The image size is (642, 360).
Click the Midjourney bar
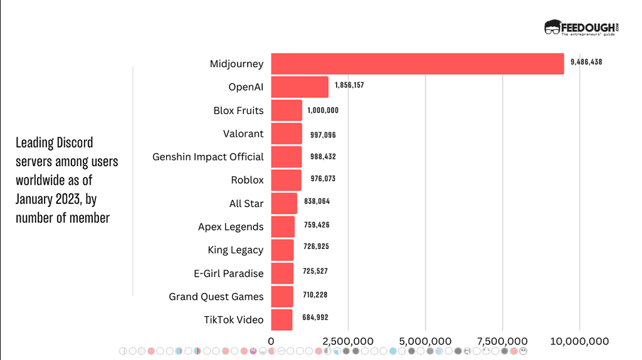pyautogui.click(x=417, y=64)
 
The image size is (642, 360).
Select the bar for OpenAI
pyautogui.click(x=300, y=87)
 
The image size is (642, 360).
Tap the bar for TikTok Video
pyautogui.click(x=282, y=320)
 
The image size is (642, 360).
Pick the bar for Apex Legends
pyautogui.click(x=283, y=226)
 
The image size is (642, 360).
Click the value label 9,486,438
pyautogui.click(x=586, y=62)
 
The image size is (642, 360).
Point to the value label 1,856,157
pyautogui.click(x=349, y=85)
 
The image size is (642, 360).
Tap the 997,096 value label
pyautogui.click(x=323, y=135)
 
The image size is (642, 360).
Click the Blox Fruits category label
pyautogui.click(x=238, y=110)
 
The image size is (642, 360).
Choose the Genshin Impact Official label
pyautogui.click(x=208, y=157)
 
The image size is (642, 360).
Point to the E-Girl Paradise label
pyautogui.click(x=229, y=273)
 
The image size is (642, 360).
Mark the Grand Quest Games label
pyautogui.click(x=216, y=297)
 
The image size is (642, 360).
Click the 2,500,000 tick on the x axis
pyautogui.click(x=348, y=341)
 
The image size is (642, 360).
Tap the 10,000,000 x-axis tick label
pyautogui.click(x=580, y=341)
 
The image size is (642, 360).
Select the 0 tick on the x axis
pyautogui.click(x=271, y=341)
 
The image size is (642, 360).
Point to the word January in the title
pyautogui.click(x=37, y=199)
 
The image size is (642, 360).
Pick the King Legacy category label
pyautogui.click(x=235, y=250)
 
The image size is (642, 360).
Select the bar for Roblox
pyautogui.click(x=286, y=180)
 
